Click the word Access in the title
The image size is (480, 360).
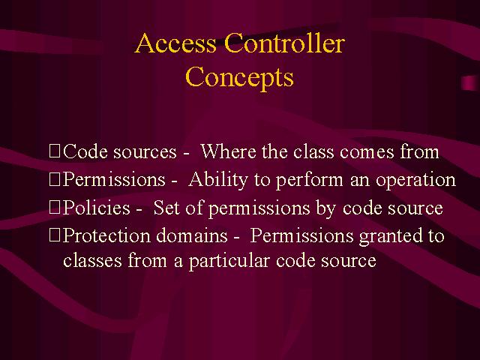click(x=175, y=43)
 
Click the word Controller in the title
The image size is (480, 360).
click(x=285, y=43)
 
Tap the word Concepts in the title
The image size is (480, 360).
click(x=239, y=78)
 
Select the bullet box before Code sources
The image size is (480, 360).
click(x=55, y=151)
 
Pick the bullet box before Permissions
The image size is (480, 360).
click(x=55, y=179)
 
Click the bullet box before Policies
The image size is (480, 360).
click(x=55, y=208)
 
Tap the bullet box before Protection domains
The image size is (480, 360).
click(x=55, y=235)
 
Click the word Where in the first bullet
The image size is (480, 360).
click(x=228, y=151)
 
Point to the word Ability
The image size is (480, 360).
click(x=218, y=180)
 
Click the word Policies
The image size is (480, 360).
click(x=97, y=208)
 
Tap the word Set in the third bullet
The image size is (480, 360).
click(x=166, y=208)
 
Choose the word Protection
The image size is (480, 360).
click(x=106, y=235)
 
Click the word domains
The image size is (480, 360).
click(x=192, y=235)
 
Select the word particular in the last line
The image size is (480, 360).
click(x=229, y=262)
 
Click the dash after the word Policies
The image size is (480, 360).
click(x=139, y=210)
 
